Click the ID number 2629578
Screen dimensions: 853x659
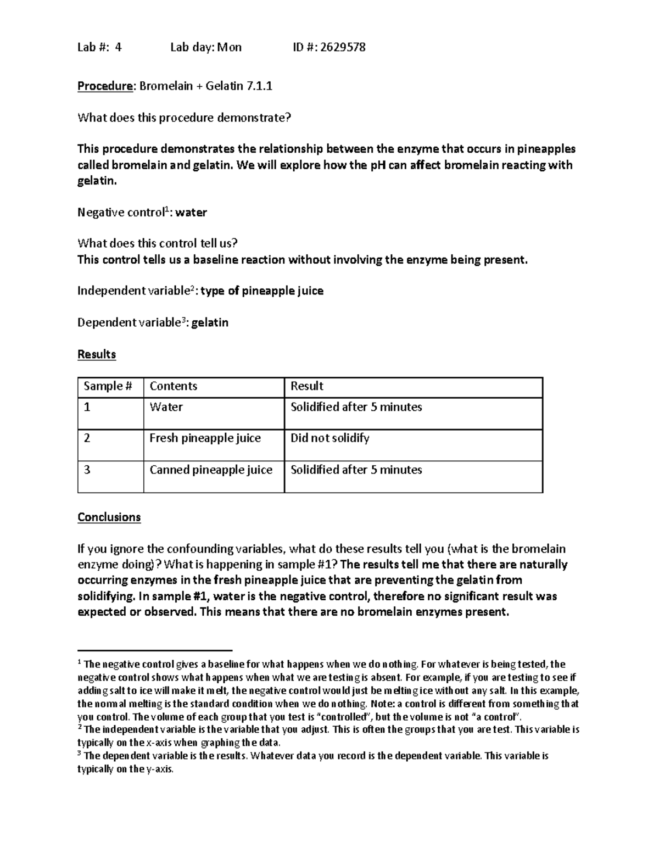point(343,47)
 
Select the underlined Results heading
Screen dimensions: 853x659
point(97,354)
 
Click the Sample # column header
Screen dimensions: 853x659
point(108,386)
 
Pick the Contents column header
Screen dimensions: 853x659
point(174,386)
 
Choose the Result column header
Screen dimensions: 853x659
point(307,386)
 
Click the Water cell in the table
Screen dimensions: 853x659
point(166,407)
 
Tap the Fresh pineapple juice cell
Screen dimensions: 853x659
point(205,438)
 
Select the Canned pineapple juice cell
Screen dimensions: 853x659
point(211,470)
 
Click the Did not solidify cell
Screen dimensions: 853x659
point(330,438)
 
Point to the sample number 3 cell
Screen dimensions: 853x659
point(87,470)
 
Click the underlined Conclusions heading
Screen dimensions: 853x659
point(109,517)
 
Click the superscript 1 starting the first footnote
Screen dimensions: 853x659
point(80,662)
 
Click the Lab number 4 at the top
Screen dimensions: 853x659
point(118,47)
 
